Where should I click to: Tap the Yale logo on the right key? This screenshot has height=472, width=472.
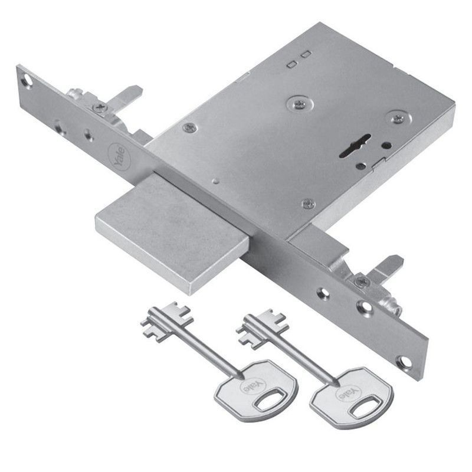(x=349, y=392)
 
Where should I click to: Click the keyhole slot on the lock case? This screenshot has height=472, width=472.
(x=355, y=146)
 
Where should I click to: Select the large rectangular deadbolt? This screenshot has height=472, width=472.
(x=172, y=232)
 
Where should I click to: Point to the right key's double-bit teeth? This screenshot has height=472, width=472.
(x=262, y=328)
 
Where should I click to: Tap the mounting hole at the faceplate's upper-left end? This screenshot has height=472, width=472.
(x=28, y=80)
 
